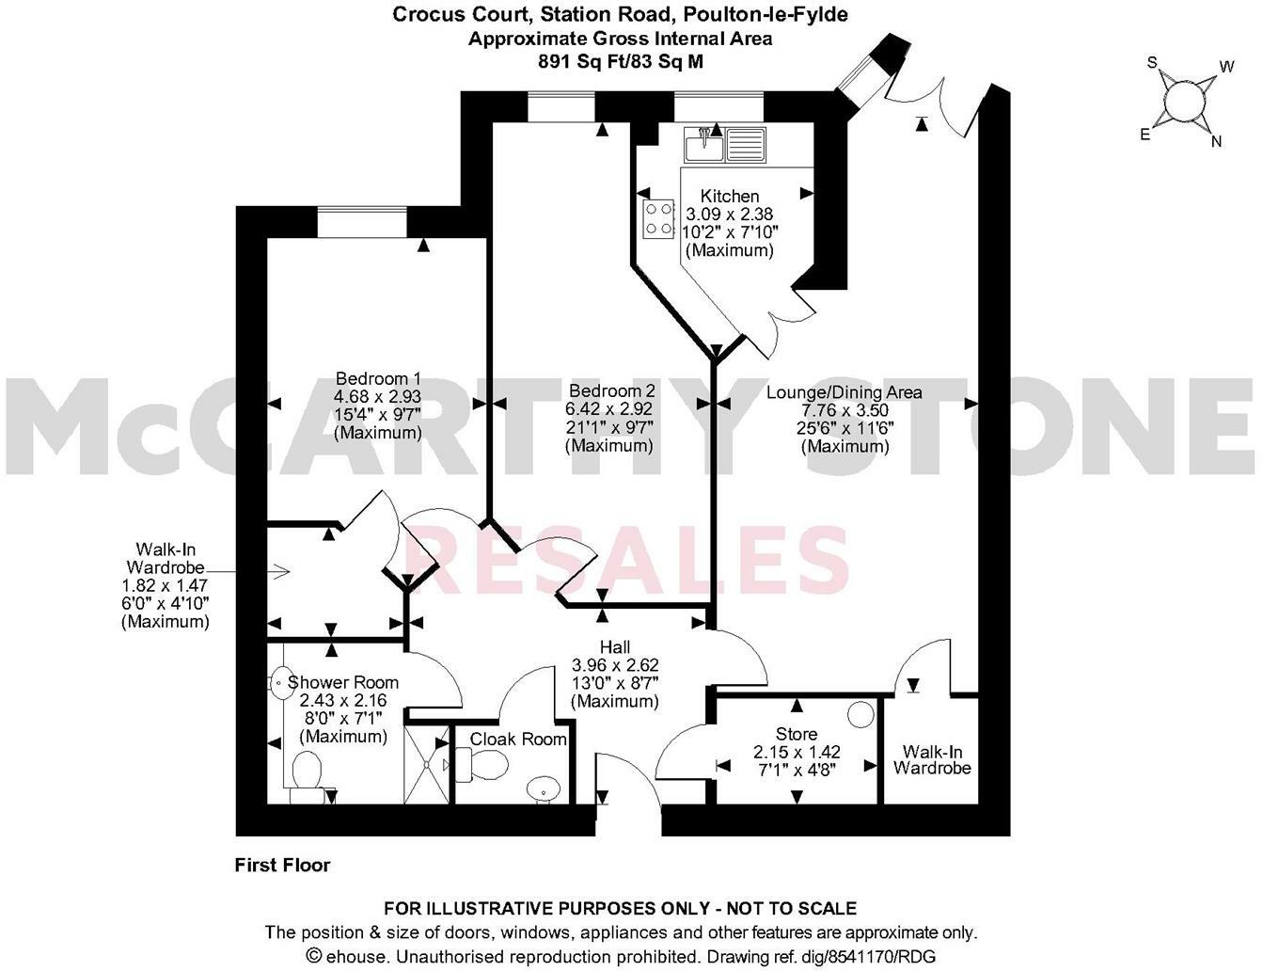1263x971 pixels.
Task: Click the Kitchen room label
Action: (730, 197)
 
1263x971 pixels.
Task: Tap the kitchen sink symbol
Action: (725, 145)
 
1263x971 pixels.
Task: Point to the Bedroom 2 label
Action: (611, 390)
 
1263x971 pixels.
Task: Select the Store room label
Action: (796, 734)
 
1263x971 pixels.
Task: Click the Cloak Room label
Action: (518, 740)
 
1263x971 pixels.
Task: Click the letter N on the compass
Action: (1216, 142)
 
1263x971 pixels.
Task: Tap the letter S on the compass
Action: (1151, 63)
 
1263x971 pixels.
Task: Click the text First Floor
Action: (282, 865)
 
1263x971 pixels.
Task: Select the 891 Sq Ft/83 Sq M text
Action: (620, 61)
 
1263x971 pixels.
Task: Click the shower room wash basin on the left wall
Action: (280, 678)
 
